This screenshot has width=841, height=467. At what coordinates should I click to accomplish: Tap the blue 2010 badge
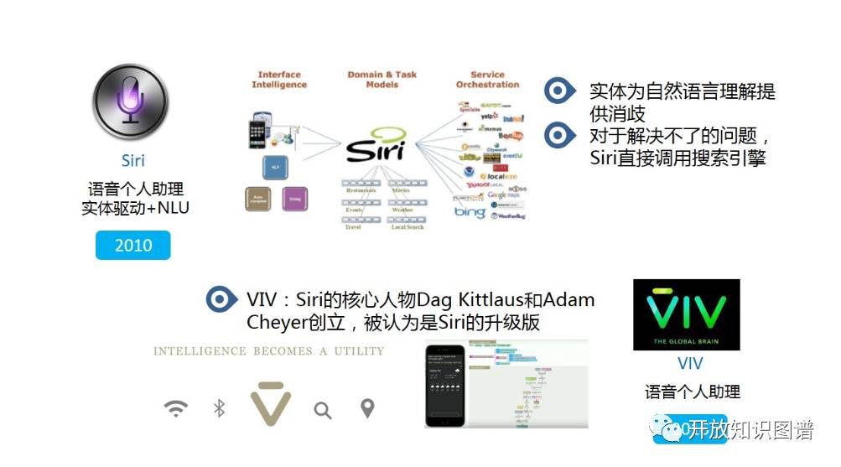[x=133, y=245]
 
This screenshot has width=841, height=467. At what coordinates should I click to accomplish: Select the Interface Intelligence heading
[x=279, y=80]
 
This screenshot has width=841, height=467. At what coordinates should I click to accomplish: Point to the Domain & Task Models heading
[x=382, y=80]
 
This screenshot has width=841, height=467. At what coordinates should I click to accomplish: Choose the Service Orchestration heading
[x=487, y=80]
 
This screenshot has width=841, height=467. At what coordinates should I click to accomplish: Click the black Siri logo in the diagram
[x=376, y=148]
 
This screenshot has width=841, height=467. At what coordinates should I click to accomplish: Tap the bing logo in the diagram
[x=470, y=213]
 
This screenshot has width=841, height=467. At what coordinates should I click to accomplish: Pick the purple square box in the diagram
[x=295, y=199]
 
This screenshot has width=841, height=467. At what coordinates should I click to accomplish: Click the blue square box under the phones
[x=275, y=165]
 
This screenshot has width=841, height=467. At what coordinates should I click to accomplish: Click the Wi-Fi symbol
[x=176, y=408]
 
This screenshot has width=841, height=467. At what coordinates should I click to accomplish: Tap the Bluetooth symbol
[x=220, y=408]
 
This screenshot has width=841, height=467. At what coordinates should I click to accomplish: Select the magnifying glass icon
[x=322, y=410]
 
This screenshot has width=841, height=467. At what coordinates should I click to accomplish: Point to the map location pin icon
[x=366, y=408]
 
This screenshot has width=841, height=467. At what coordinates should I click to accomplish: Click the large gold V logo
[x=270, y=402]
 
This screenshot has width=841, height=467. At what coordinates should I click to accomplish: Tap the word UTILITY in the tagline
[x=358, y=351]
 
